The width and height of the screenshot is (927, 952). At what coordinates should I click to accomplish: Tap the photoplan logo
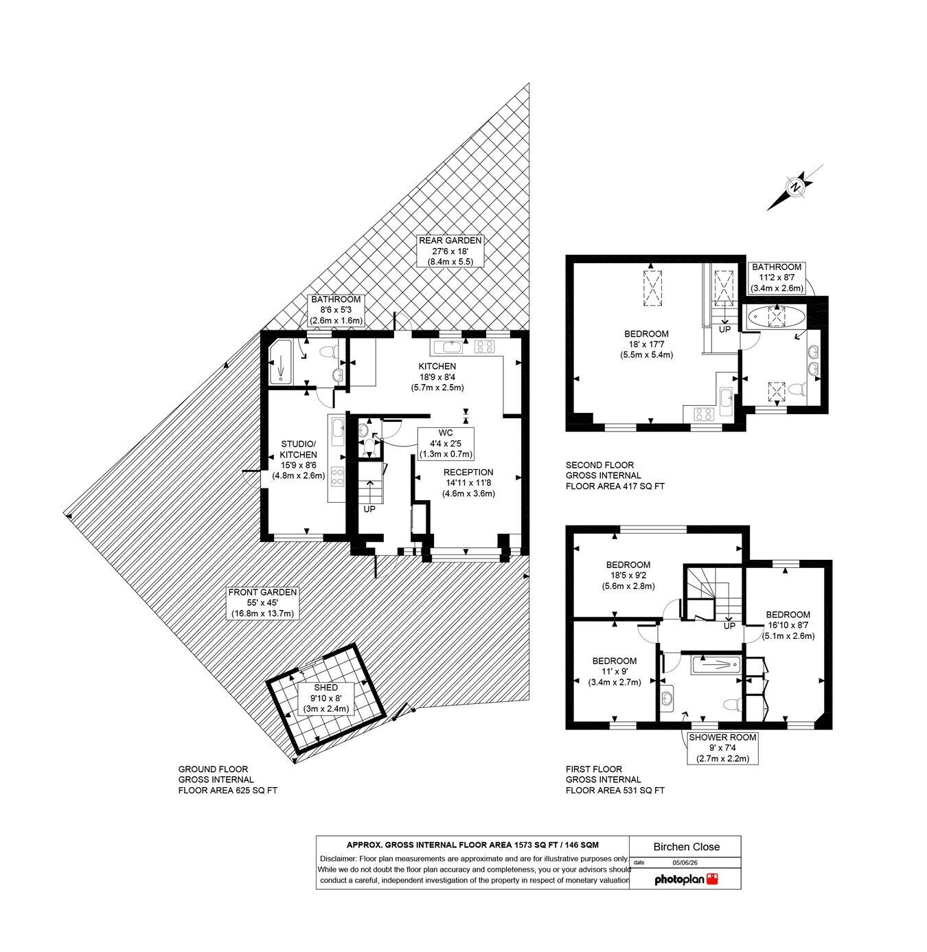686,879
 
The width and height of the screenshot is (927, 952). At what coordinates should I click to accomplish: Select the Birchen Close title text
686,847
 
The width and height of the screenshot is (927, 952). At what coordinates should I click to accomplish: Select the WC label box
446,443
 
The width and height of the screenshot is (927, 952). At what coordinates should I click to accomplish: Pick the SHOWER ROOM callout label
722,748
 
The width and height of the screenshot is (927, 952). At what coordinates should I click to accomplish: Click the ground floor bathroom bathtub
280,361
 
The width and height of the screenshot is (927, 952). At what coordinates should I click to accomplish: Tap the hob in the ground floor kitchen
485,347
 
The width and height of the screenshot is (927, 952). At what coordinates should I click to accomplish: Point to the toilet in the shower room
732,705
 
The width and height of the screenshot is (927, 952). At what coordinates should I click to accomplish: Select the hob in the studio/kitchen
338,477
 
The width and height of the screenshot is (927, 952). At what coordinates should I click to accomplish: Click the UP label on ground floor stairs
369,509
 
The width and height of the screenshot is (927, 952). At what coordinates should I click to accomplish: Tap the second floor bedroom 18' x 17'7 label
646,344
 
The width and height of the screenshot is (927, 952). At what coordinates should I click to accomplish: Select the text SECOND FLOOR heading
599,465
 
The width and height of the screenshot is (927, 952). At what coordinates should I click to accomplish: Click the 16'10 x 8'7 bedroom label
788,625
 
